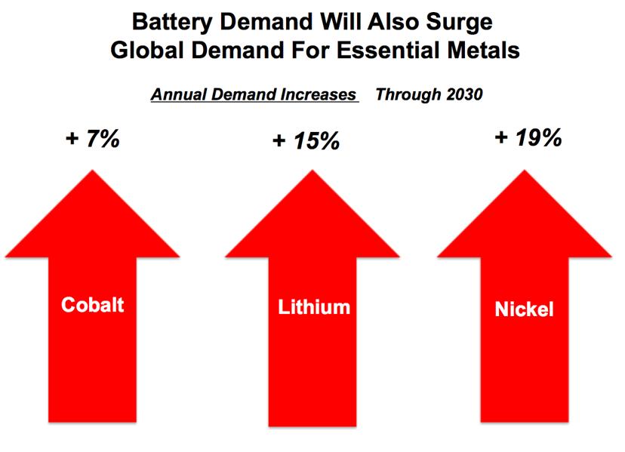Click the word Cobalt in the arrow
(93, 305)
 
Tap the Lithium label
(314, 307)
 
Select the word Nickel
(524, 309)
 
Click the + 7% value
(93, 139)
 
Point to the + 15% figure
(306, 141)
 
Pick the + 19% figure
(528, 138)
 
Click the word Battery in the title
(172, 23)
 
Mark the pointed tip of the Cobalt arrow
(93, 171)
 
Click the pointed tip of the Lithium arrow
(312, 171)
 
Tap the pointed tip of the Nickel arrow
(525, 171)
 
